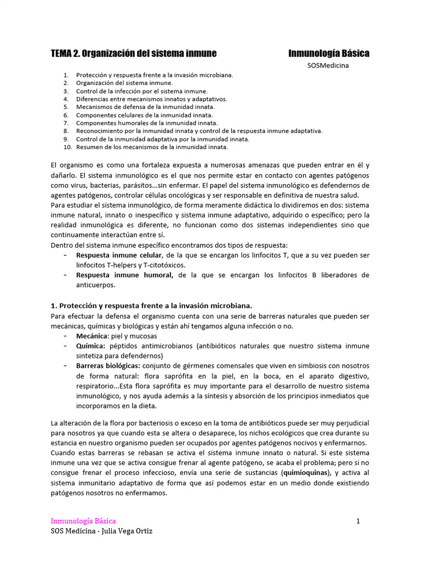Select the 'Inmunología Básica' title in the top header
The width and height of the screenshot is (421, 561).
point(328,53)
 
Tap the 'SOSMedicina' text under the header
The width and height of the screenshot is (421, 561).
point(328,66)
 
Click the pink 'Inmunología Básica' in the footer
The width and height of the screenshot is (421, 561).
point(83,521)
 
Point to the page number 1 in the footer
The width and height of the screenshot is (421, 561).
point(358,521)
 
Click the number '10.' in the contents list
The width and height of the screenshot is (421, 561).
point(68,147)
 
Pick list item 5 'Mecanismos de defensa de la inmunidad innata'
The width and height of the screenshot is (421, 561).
point(145,107)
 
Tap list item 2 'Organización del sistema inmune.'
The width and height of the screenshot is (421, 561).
point(124,83)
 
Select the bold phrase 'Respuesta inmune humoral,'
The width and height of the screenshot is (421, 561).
point(124,275)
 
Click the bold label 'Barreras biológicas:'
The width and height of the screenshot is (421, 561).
point(108,365)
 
